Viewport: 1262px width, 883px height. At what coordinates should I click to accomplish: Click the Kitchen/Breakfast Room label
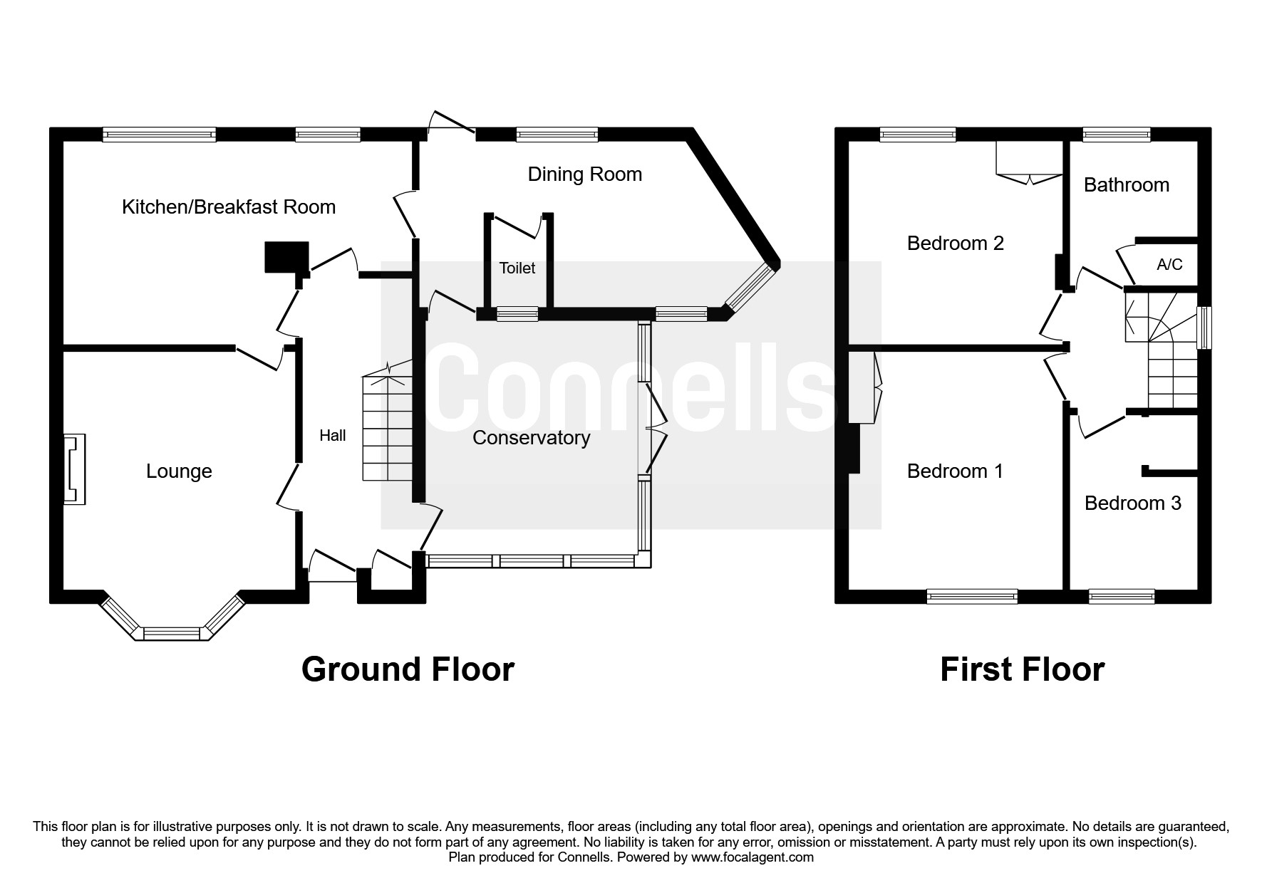click(x=229, y=207)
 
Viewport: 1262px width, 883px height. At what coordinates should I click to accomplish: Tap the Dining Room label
click(x=584, y=174)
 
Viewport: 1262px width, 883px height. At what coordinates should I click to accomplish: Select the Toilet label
click(x=517, y=268)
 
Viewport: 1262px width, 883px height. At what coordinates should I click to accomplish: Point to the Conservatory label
click(x=531, y=437)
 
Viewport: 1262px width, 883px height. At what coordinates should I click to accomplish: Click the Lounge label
click(x=179, y=471)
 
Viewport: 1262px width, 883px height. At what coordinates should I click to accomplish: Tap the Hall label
click(x=332, y=435)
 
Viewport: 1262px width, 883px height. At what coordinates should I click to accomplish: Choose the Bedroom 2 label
click(x=955, y=244)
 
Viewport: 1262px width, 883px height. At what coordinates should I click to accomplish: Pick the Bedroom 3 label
click(x=1132, y=503)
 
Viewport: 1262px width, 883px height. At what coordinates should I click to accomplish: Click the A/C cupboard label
click(x=1169, y=265)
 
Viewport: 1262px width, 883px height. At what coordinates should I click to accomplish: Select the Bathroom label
click(x=1126, y=185)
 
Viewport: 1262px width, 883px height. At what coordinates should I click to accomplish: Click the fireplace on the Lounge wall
click(x=74, y=470)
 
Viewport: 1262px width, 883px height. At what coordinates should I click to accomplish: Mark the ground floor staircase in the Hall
click(x=388, y=427)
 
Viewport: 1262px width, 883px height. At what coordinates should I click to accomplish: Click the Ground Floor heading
click(x=408, y=669)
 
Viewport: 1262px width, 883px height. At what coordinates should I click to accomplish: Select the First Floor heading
click(x=1022, y=669)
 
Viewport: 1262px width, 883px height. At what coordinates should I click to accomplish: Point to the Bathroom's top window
click(x=1116, y=134)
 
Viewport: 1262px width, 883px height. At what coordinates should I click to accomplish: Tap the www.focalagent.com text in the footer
click(x=752, y=857)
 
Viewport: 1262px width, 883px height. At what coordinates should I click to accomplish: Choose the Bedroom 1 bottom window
click(x=972, y=597)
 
